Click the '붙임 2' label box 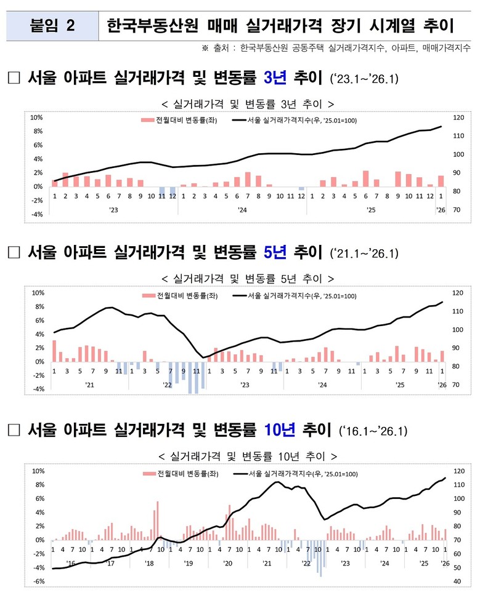point(52,26)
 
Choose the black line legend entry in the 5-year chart point(295,296)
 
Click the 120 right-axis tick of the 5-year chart point(456,293)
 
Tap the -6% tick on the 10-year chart point(38,581)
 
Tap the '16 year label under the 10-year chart point(71,562)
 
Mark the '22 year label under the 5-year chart point(168,385)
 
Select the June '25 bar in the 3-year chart point(365,178)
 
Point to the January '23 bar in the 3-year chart point(55,183)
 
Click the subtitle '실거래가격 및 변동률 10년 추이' point(247,457)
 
